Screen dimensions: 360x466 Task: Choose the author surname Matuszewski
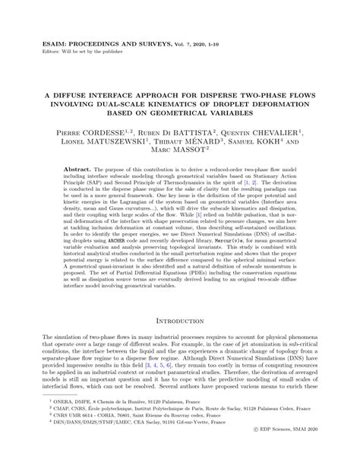(x=103, y=141)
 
